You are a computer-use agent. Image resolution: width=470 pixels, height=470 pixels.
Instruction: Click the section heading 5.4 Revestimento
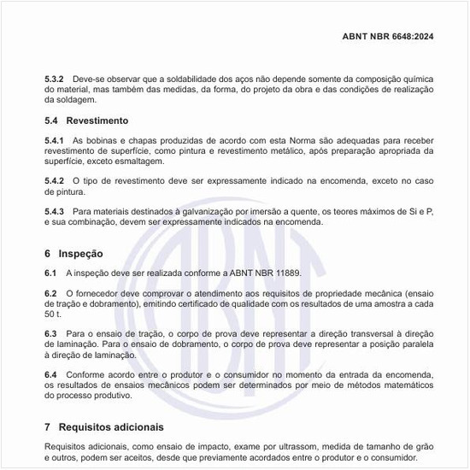[x=85, y=120]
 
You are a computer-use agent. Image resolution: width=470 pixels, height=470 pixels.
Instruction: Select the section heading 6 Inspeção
[x=73, y=254]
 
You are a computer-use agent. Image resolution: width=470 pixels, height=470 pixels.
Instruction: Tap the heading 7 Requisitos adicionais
[x=103, y=426]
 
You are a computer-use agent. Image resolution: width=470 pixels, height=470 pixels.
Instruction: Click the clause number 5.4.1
[x=56, y=139]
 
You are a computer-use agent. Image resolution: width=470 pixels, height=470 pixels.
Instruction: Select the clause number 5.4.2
[x=56, y=181]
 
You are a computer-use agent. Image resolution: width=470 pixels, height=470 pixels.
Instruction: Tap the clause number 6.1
[x=51, y=273]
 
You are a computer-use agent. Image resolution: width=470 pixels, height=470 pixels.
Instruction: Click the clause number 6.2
[x=51, y=293]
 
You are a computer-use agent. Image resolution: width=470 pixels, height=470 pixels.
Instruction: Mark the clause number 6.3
[x=51, y=333]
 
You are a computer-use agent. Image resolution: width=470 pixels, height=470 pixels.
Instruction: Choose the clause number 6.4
[x=51, y=374]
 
